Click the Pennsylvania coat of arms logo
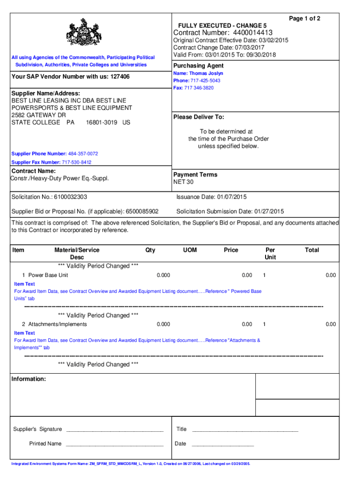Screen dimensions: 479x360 point(84,35)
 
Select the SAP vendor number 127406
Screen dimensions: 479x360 point(120,76)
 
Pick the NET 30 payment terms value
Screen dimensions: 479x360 point(183,182)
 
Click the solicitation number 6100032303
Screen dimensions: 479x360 point(70,197)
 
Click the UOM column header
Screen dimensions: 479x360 point(190,250)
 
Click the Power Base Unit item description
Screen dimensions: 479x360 point(48,275)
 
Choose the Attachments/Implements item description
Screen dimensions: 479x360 point(58,324)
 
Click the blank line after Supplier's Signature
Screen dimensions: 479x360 point(115,429)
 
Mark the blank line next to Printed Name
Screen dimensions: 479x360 point(115,444)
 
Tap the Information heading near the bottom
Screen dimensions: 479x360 point(29,379)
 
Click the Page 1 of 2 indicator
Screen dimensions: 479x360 point(304,19)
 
